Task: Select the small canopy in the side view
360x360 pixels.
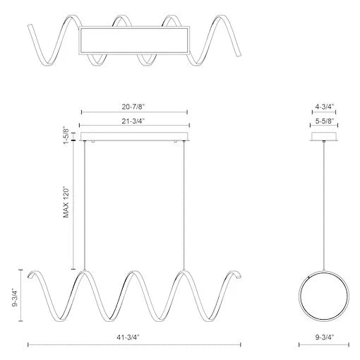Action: pyautogui.click(x=324, y=136)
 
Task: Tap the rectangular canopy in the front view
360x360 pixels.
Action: pyautogui.click(x=134, y=136)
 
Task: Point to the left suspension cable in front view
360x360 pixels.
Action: pyautogui.click(x=84, y=205)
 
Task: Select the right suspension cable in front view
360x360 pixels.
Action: pyautogui.click(x=185, y=205)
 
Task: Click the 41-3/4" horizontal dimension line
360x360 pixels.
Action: pyautogui.click(x=71, y=345)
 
